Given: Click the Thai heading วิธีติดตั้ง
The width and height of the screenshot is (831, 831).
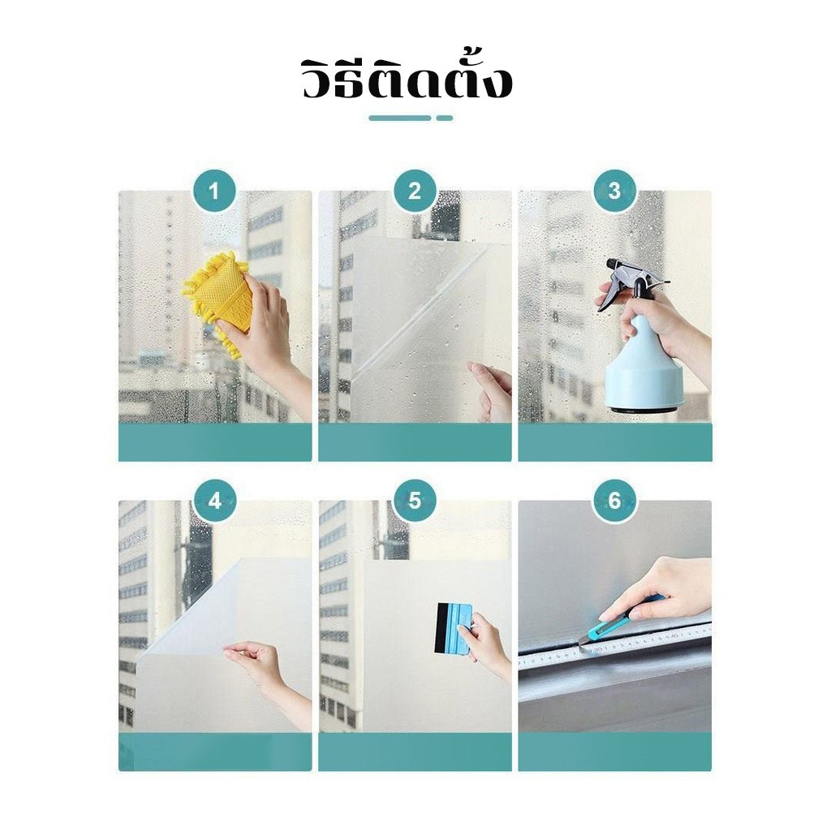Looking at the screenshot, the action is point(407,80).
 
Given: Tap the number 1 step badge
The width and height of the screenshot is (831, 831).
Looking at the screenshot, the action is point(214,191).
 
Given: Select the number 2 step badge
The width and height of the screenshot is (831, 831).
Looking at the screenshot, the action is point(415,191).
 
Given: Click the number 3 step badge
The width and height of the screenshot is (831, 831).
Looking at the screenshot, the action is point(614,191).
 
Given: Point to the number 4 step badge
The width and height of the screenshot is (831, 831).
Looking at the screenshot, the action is point(214,500).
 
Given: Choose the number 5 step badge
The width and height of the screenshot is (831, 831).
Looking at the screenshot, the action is point(415,500).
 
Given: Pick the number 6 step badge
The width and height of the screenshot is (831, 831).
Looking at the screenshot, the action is point(614,500).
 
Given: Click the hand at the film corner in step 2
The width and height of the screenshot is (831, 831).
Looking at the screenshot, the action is point(490,391).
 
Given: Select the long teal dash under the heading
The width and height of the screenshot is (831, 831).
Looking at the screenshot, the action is point(400,118).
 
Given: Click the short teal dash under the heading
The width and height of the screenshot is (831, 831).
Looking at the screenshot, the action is point(445,118).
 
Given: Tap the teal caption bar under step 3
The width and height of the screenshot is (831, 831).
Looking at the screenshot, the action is point(615,442).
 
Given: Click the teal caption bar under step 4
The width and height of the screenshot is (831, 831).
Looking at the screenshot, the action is point(214,751).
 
